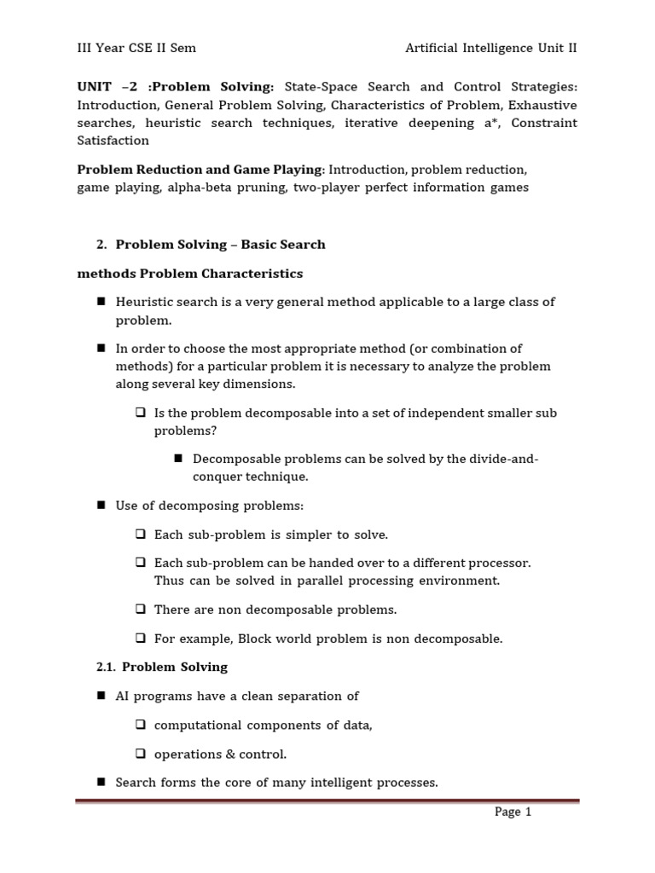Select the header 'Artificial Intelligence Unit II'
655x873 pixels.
click(491, 49)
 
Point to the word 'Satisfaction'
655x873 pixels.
click(113, 141)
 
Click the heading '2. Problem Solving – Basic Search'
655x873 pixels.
click(211, 245)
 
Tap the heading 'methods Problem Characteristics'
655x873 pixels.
click(189, 274)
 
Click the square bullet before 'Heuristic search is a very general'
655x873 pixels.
click(101, 302)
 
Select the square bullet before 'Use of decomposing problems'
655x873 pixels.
click(101, 506)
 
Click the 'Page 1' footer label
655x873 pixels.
click(513, 812)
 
